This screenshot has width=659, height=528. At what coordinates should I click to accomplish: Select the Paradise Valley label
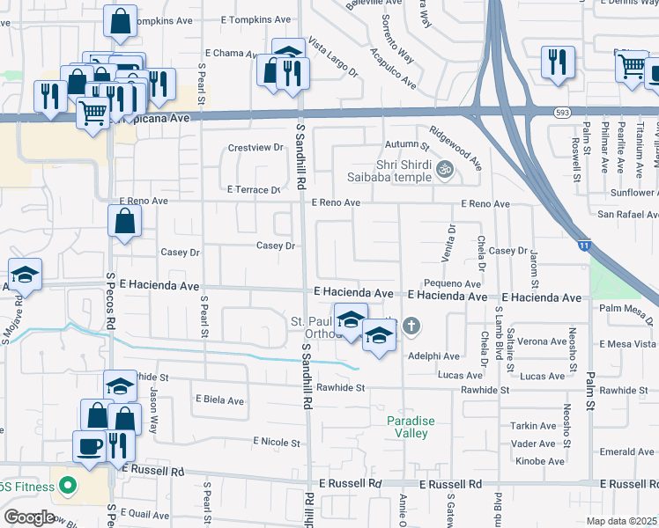(x=411, y=427)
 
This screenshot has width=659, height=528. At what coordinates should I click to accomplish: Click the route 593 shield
(x=562, y=113)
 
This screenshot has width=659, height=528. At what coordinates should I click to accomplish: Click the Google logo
(x=29, y=517)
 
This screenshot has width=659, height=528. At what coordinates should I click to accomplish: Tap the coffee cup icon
(x=88, y=445)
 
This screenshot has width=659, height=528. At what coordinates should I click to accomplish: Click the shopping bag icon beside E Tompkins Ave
(x=120, y=21)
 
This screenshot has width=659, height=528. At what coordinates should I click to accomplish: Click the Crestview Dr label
(x=255, y=148)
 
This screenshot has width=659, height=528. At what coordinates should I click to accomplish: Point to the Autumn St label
(x=405, y=145)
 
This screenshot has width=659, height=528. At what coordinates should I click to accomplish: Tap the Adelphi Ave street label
(x=434, y=356)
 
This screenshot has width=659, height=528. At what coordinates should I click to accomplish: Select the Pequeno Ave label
(x=452, y=284)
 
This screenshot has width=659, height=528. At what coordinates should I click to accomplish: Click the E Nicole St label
(x=278, y=441)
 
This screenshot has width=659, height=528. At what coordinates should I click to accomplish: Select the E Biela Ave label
(x=219, y=400)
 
